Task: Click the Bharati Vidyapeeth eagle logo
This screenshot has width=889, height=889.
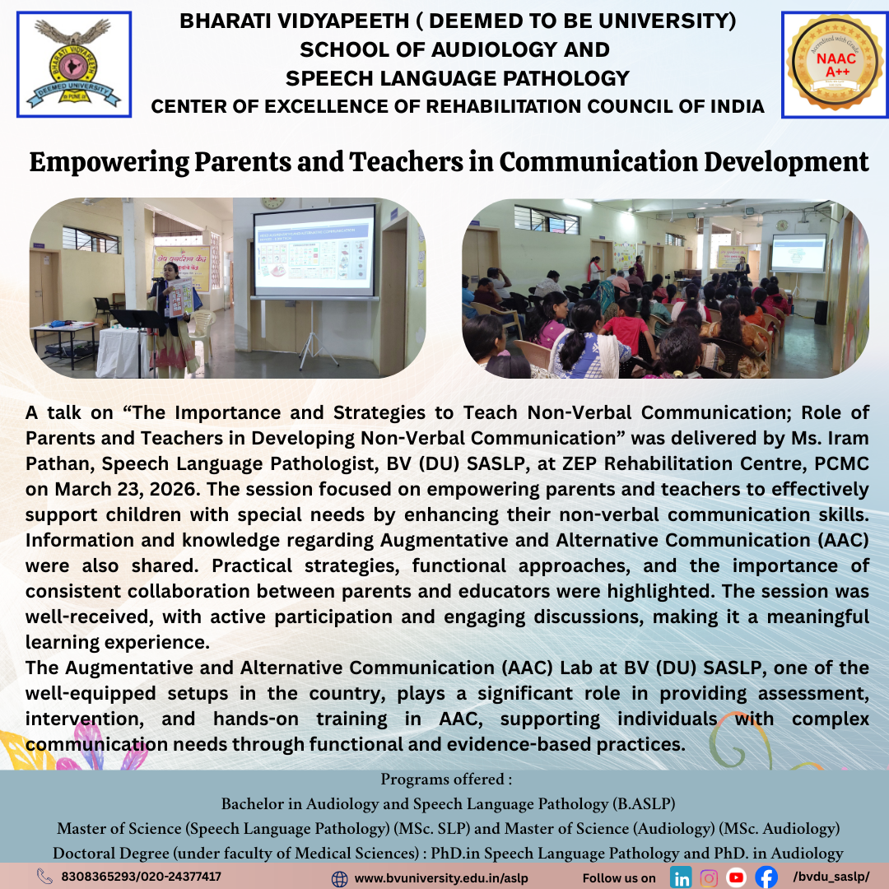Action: point(74,64)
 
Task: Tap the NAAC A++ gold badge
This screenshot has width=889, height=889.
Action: point(835,63)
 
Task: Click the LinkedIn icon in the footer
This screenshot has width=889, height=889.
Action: point(681,877)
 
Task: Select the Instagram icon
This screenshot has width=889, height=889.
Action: point(708,877)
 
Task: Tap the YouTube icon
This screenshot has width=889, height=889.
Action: point(736,877)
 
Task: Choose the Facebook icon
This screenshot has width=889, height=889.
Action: point(766,877)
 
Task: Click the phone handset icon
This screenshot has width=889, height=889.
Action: point(44,876)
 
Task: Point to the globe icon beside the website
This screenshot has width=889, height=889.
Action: point(339,879)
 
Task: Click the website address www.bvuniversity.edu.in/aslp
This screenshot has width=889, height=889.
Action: point(441,878)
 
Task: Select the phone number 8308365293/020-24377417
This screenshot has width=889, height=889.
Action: point(142,877)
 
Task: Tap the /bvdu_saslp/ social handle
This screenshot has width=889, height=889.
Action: point(831,877)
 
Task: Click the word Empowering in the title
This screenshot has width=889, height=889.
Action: point(109,163)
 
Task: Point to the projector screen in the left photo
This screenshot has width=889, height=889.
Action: point(314,251)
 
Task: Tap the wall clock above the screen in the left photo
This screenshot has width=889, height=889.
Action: point(272,202)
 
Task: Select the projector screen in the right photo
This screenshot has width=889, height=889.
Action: point(798,253)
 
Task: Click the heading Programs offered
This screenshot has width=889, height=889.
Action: point(446,780)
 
